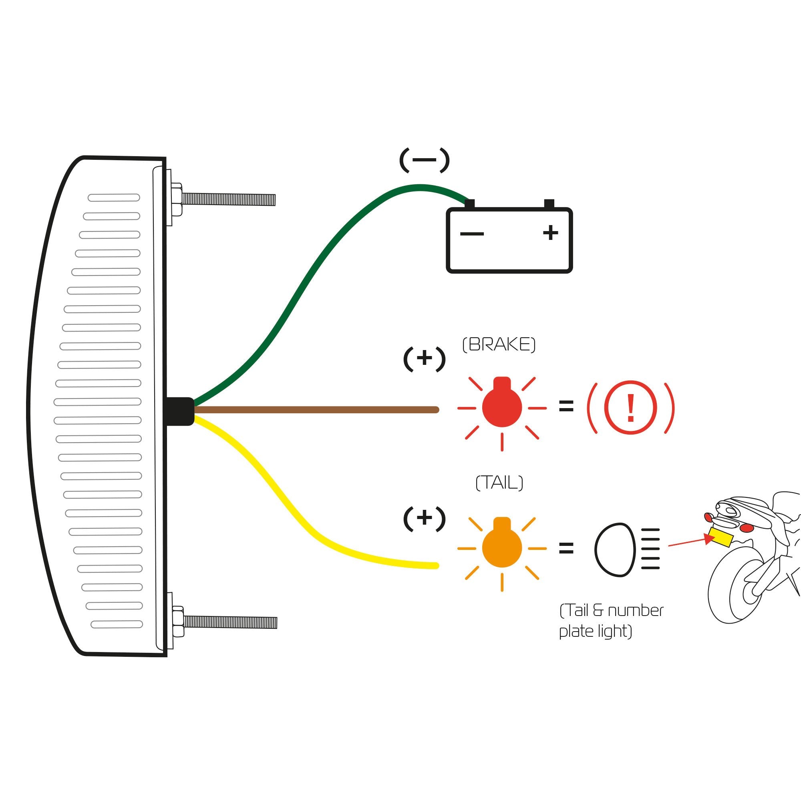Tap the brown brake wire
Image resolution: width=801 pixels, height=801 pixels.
pos(315,410)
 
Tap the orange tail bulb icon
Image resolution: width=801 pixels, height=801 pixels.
pos(502,547)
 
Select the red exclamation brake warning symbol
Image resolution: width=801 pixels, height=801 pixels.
pos(630,408)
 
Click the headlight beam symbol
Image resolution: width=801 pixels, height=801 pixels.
pos(626,549)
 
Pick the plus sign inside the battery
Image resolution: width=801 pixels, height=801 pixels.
pos(551,233)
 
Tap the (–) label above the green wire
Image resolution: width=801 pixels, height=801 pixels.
pos(424,160)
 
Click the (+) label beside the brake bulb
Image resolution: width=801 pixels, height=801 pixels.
pos(424,358)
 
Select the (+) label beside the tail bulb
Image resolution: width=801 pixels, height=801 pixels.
pos(424,518)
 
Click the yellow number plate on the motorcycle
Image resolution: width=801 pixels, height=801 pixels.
pos(721,537)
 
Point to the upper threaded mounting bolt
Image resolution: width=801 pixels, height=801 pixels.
pos(228,199)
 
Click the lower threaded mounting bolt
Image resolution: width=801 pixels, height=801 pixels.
pos(230,622)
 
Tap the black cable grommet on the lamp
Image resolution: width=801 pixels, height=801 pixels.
pos(179,411)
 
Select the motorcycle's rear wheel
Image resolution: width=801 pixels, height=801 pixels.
pos(734,589)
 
